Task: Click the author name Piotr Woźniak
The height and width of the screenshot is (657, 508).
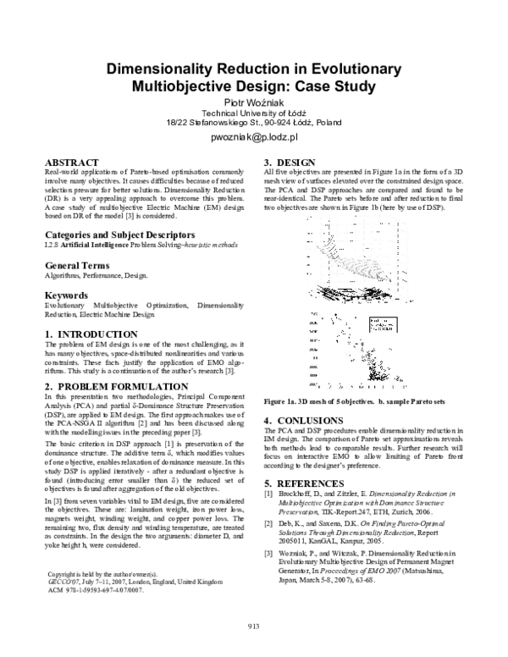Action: [253, 102]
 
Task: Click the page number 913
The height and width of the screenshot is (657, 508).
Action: [253, 627]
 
